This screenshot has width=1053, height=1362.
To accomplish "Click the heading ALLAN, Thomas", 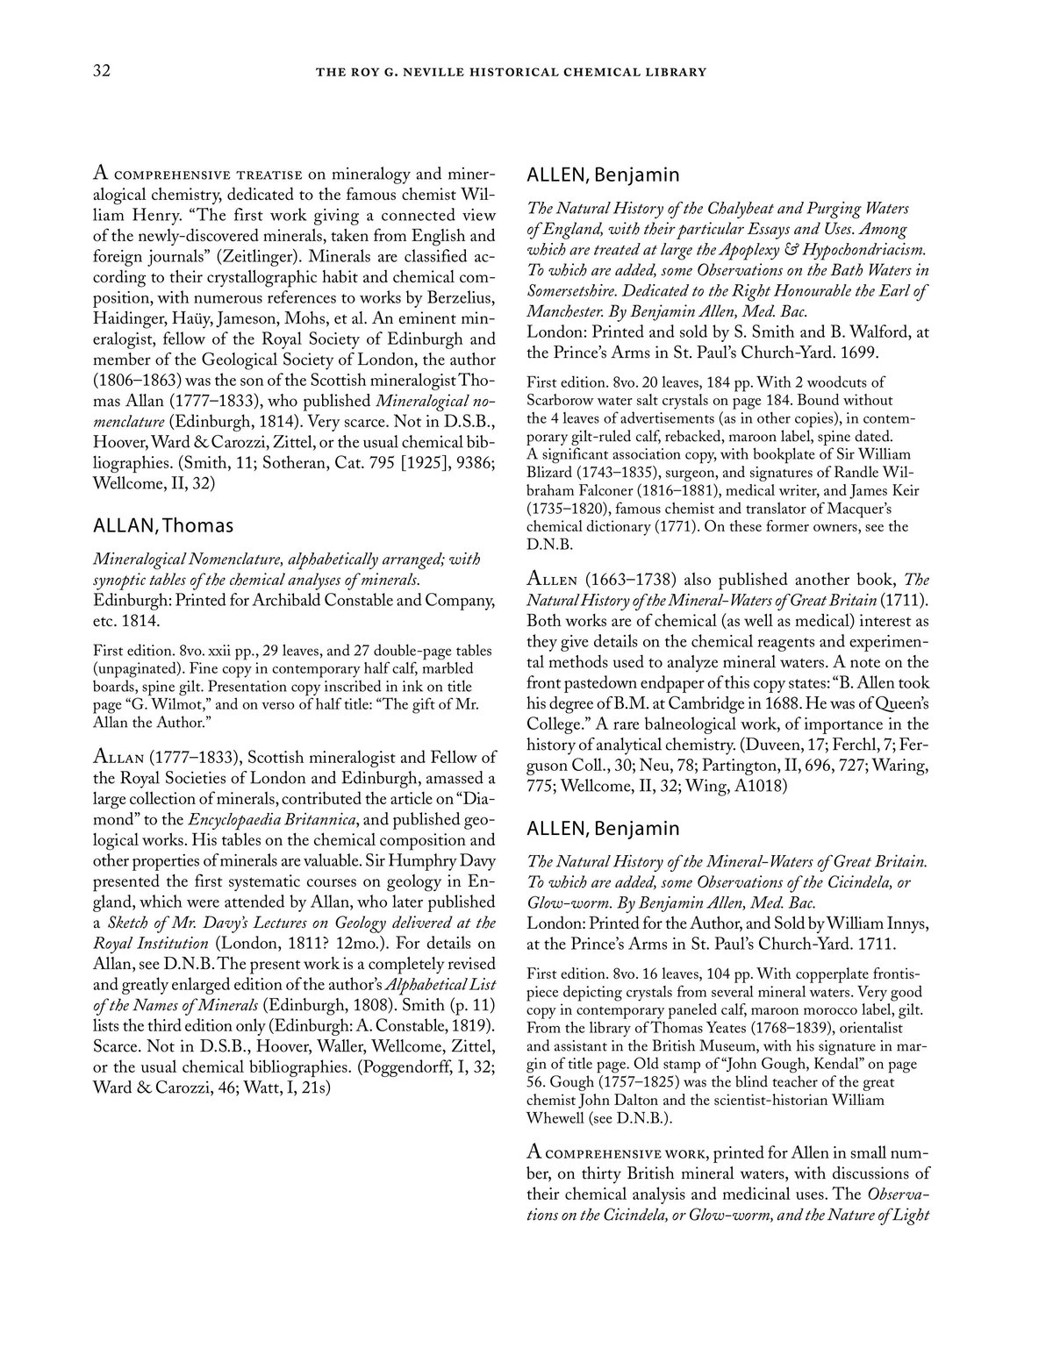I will coord(163,526).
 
